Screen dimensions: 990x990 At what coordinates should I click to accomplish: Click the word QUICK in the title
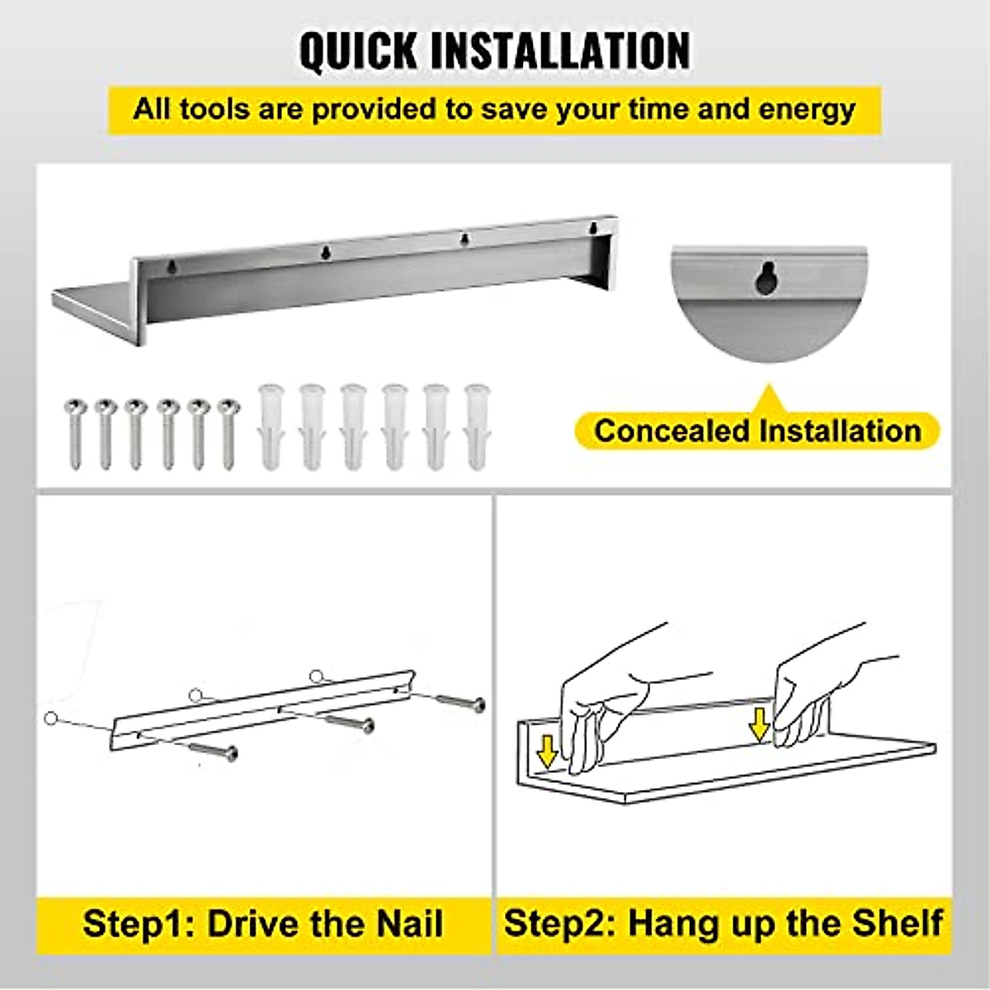click(x=359, y=51)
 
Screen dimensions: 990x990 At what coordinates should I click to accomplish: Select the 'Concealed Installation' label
click(x=757, y=431)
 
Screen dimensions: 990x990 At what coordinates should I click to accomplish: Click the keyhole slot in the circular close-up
click(x=767, y=279)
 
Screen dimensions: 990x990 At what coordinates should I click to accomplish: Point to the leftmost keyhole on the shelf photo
click(x=172, y=266)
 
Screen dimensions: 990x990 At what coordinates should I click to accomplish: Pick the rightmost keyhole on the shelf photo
click(x=592, y=226)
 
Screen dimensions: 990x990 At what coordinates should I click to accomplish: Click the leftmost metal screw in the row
click(x=73, y=432)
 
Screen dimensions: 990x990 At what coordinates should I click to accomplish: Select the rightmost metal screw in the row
click(x=227, y=432)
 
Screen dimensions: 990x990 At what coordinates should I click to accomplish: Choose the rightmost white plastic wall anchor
click(x=476, y=426)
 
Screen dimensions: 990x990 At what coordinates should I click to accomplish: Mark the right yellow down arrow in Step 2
click(x=759, y=724)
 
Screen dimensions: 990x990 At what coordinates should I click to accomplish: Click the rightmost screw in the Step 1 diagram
click(x=459, y=702)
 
